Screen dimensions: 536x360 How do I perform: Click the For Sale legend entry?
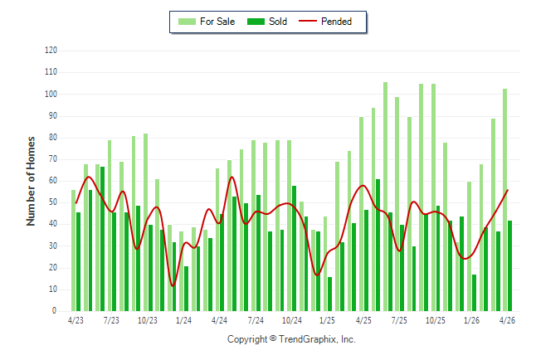pyautogui.click(x=207, y=22)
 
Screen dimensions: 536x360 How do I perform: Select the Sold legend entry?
pyautogui.click(x=267, y=22)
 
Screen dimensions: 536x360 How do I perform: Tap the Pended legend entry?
pyautogui.click(x=325, y=22)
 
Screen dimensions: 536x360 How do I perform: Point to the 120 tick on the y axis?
pyautogui.click(x=51, y=51)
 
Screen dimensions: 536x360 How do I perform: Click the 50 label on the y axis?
pyautogui.click(x=52, y=202)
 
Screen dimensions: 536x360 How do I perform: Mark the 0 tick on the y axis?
pyautogui.click(x=55, y=311)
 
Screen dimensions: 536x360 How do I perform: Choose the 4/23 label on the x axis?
pyautogui.click(x=76, y=320)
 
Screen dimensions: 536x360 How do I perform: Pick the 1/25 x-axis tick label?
pyautogui.click(x=327, y=320)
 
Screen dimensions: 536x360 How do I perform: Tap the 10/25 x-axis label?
pyautogui.click(x=435, y=320)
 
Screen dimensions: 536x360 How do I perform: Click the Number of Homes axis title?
pyautogui.click(x=31, y=181)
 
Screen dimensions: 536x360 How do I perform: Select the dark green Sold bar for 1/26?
pyautogui.click(x=474, y=293)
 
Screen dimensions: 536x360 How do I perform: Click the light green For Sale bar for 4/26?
pyautogui.click(x=505, y=200)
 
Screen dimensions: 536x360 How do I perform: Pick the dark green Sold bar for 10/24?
pyautogui.click(x=294, y=249)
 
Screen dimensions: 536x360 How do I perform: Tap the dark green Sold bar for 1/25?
pyautogui.click(x=329, y=294)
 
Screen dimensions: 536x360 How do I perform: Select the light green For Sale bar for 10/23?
pyautogui.click(x=146, y=222)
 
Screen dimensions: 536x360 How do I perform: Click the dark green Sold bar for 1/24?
pyautogui.click(x=187, y=289)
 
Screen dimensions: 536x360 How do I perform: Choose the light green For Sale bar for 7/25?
pyautogui.click(x=397, y=204)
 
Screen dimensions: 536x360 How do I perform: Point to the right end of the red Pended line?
pyautogui.click(x=508, y=190)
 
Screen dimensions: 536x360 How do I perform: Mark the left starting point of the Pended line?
pyautogui.click(x=76, y=203)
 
